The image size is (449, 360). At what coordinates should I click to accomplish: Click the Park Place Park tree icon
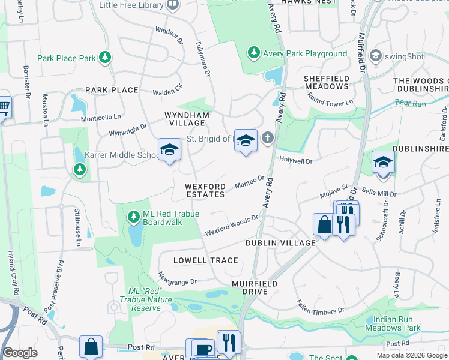click(x=106, y=58)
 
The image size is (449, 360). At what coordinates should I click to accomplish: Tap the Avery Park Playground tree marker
click(x=254, y=53)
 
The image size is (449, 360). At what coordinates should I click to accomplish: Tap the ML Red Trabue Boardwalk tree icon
click(x=133, y=215)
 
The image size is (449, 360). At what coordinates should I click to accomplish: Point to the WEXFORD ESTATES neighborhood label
click(x=205, y=190)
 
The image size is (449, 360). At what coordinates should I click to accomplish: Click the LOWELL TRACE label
click(x=205, y=260)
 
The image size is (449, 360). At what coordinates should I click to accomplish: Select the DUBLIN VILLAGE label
click(x=280, y=243)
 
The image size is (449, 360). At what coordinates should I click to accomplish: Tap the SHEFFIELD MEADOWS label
click(x=326, y=82)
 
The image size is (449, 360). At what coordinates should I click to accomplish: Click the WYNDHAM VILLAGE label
click(x=188, y=119)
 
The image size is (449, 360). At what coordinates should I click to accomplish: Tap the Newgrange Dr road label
click(x=177, y=278)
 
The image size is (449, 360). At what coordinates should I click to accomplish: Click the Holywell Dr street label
click(x=296, y=161)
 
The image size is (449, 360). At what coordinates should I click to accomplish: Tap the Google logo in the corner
click(x=20, y=353)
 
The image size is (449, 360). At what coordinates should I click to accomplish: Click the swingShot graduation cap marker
click(x=376, y=56)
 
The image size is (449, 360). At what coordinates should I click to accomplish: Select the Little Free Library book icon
click(x=173, y=5)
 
